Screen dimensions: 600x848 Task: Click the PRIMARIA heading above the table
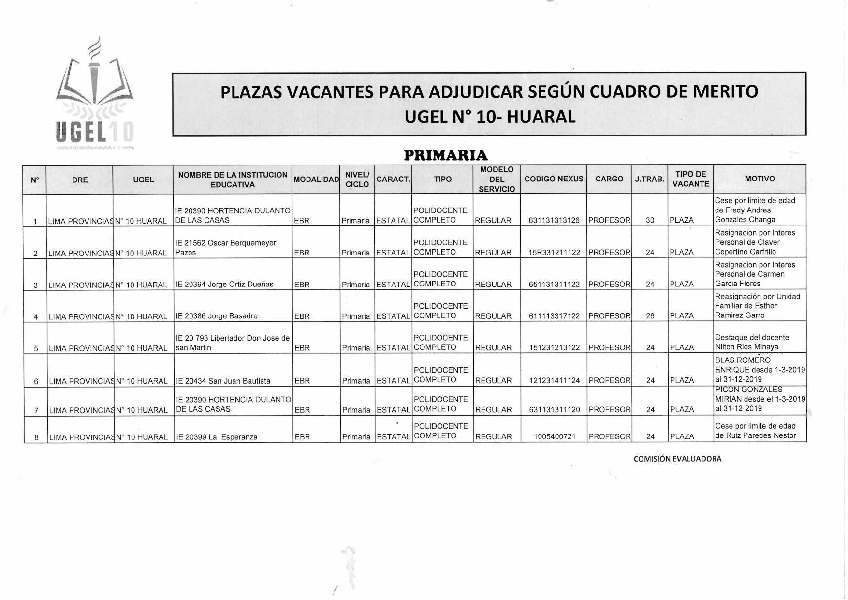[446, 155]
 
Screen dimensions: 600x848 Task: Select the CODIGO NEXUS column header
[554, 179]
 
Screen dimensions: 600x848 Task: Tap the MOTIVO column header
[760, 179]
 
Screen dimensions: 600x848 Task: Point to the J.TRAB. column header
[649, 179]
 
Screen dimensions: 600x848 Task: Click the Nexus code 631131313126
[554, 221]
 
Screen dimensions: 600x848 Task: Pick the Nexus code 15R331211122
[554, 253]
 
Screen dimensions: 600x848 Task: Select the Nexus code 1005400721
[555, 437]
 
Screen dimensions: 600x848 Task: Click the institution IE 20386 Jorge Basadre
[217, 316]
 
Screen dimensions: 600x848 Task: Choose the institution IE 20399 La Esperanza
[217, 437]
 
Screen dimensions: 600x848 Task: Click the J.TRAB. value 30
[650, 221]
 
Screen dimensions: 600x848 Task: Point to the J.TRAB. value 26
[650, 316]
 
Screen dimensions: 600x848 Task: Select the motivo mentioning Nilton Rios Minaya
[751, 343]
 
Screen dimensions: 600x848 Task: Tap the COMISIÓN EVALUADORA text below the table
[677, 459]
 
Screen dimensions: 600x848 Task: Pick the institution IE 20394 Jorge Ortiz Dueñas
[225, 285]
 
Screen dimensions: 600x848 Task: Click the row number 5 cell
[36, 349]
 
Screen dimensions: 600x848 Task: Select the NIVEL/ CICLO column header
[357, 179]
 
